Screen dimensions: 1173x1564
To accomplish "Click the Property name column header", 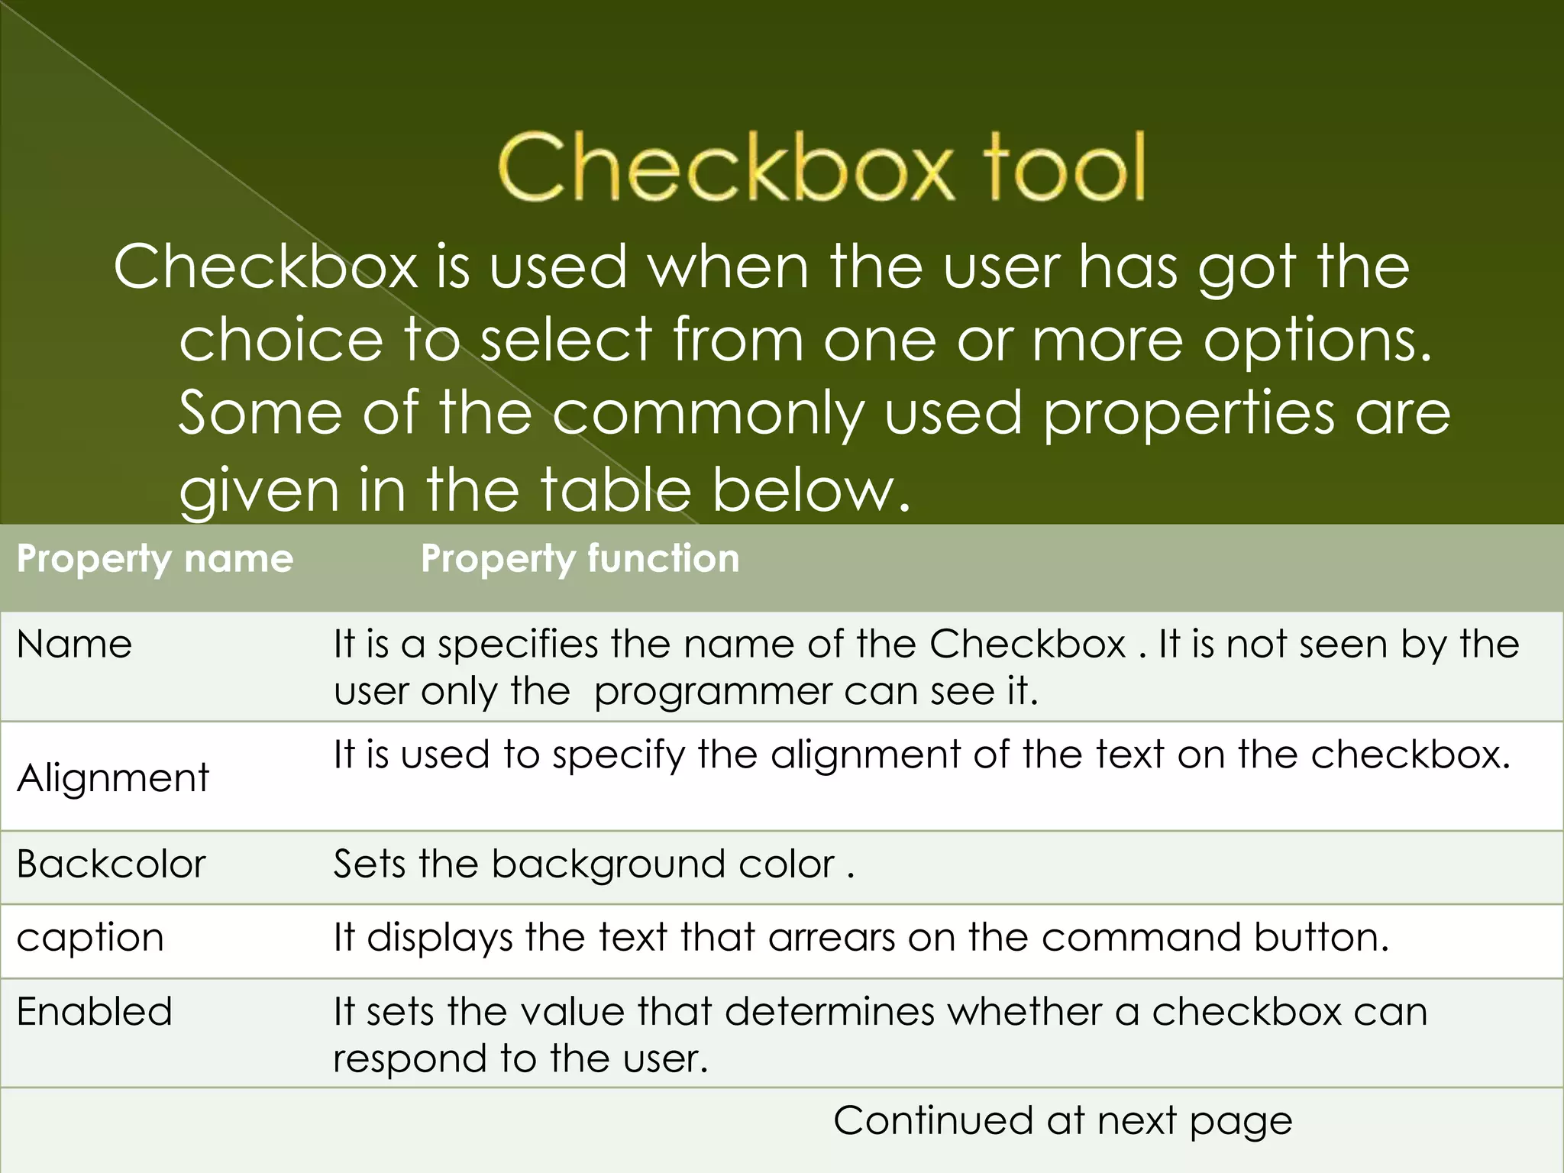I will [155, 559].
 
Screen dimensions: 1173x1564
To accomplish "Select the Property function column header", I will [580, 559].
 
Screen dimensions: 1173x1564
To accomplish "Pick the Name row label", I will [74, 645].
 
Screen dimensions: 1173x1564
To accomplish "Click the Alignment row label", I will [113, 778].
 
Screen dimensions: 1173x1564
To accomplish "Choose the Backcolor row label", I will [111, 864].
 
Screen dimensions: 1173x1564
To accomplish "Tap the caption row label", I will [90, 938].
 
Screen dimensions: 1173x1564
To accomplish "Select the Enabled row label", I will [95, 1012].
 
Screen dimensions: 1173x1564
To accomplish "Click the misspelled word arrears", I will [832, 938].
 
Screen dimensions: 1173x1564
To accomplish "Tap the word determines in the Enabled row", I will [829, 1012].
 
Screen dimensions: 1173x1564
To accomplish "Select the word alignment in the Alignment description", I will [865, 755].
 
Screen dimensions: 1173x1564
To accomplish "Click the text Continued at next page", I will [1062, 1121].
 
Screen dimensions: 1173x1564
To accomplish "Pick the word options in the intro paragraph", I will [1317, 341].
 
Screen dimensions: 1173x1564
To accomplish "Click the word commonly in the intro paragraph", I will [708, 414].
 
